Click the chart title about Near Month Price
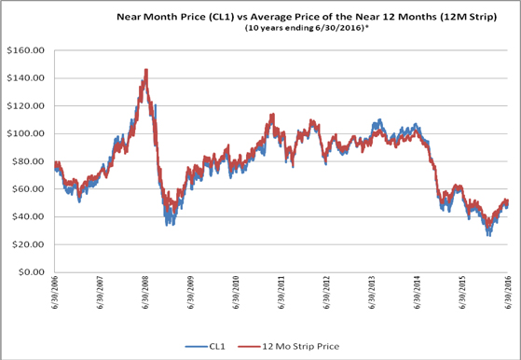click(307, 17)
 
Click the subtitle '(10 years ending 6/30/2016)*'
click(308, 28)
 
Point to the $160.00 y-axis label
click(25, 50)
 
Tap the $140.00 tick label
click(25, 78)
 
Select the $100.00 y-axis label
click(25, 133)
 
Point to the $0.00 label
click(30, 272)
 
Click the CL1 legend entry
click(205, 346)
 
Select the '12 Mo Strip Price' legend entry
click(289, 346)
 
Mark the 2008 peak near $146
click(146, 70)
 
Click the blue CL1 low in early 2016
click(488, 234)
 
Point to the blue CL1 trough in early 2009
click(167, 224)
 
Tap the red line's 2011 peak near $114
click(273, 115)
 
